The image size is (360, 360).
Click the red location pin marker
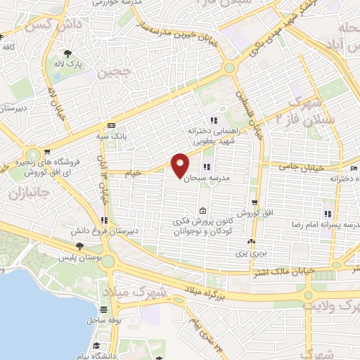(180, 165)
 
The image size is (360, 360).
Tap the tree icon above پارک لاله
(67, 54)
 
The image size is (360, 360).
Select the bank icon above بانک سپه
(111, 125)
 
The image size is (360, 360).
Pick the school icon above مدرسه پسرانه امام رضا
(327, 214)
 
